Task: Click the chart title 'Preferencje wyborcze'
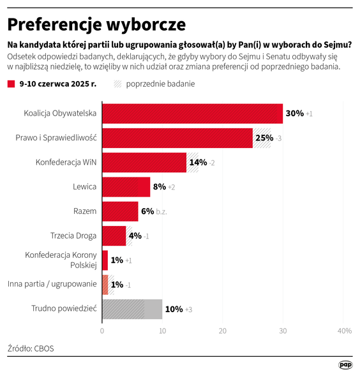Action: [96, 24]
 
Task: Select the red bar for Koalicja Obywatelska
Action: [192, 114]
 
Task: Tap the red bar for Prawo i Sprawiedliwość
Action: [177, 138]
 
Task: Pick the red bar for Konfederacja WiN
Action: [144, 162]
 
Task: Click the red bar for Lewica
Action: [126, 186]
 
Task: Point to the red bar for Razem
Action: [120, 211]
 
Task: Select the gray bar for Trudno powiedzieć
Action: [132, 309]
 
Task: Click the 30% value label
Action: [294, 114]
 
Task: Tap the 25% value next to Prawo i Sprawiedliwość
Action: [264, 138]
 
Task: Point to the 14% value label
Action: [197, 162]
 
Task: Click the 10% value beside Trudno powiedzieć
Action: [174, 309]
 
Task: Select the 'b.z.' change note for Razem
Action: [161, 211]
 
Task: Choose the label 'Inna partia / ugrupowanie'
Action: [52, 284]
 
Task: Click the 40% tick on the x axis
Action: [344, 331]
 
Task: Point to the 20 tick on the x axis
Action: [223, 331]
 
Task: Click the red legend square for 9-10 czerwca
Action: [11, 84]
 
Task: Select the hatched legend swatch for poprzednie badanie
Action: [117, 84]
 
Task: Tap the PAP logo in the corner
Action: [345, 365]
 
